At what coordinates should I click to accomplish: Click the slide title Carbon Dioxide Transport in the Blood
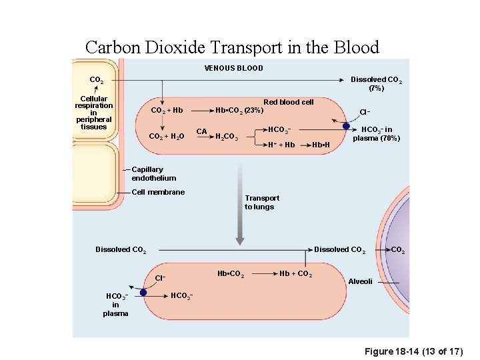point(232,47)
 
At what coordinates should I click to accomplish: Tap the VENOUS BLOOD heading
point(233,68)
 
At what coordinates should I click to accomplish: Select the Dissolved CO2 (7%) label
point(376,83)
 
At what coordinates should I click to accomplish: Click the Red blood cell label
point(288,102)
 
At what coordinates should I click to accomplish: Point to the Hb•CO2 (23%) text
point(239,110)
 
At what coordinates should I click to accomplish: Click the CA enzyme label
point(201,131)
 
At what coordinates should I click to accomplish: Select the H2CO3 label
point(227,137)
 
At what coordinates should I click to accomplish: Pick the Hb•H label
point(322,145)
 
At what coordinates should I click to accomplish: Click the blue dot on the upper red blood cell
point(346,126)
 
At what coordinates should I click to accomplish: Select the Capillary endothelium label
point(154,174)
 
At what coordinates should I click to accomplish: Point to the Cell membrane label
point(158,192)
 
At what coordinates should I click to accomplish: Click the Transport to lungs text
point(262,202)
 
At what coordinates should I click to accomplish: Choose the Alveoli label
point(361,281)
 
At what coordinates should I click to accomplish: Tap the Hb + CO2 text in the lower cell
point(295,274)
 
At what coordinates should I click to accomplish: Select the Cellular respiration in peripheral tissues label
point(94,113)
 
